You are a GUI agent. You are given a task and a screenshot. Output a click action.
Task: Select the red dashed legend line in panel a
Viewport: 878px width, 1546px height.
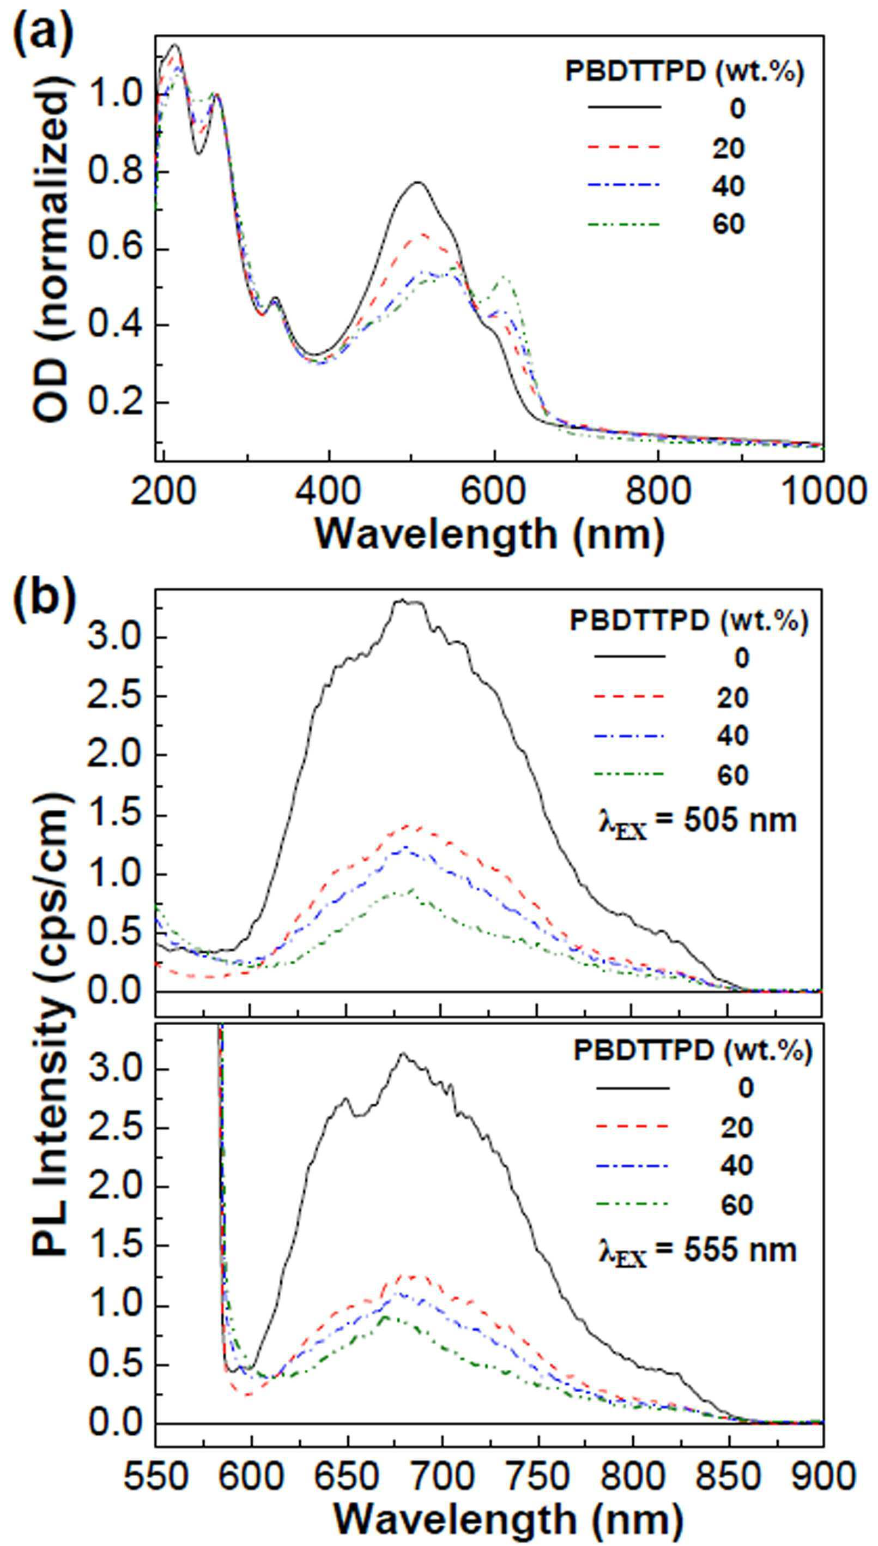pos(625,147)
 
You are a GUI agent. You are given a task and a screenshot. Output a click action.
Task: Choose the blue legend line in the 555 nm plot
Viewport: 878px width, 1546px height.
pos(633,1165)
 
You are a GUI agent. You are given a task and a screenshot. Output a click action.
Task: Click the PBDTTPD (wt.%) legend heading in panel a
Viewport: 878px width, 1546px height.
pos(685,73)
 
